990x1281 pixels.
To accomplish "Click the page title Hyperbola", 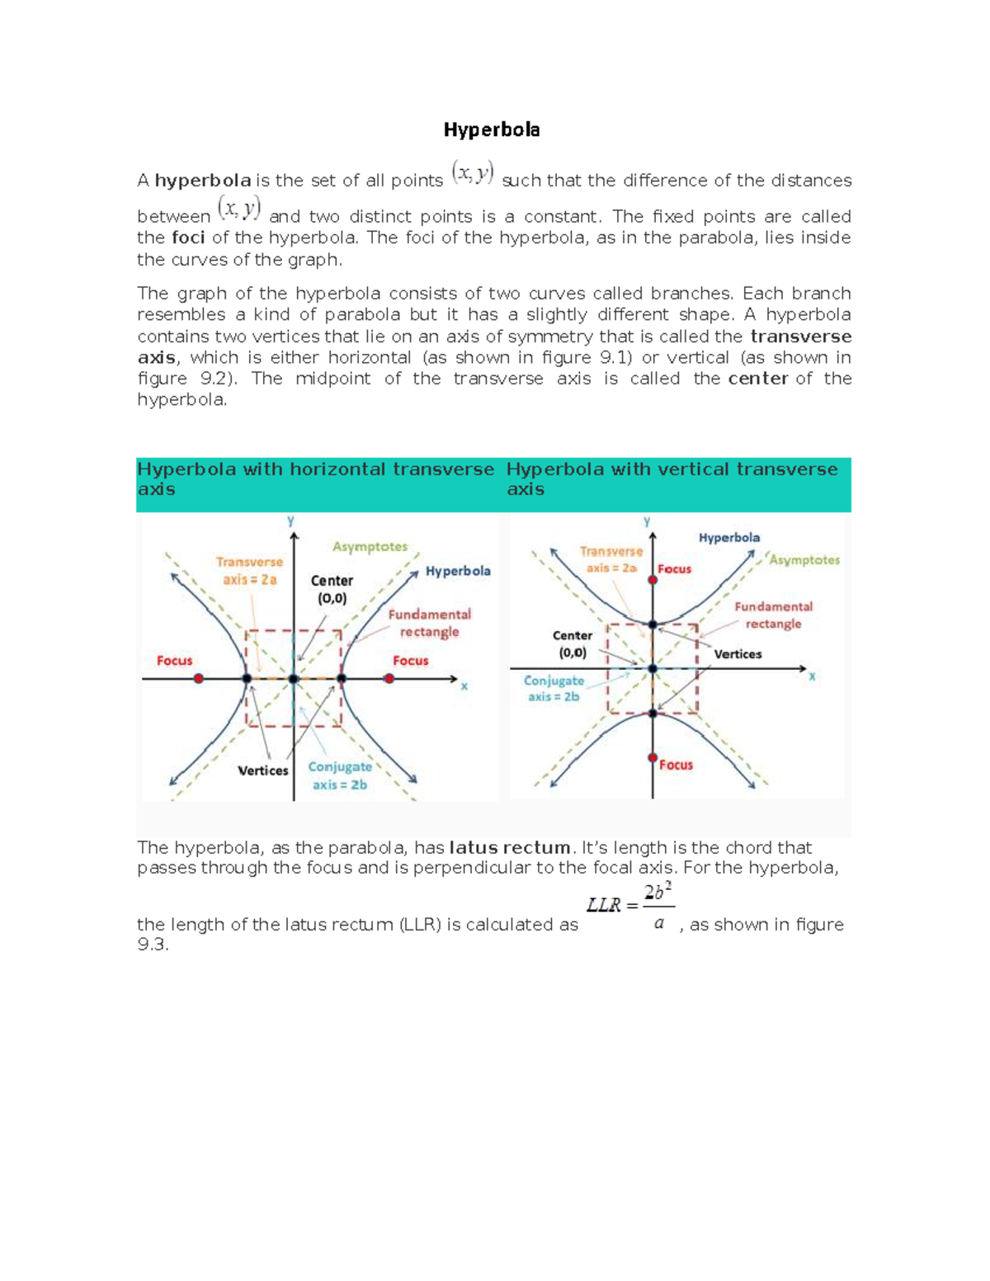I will click(492, 130).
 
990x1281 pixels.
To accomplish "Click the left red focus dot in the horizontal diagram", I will click(199, 678).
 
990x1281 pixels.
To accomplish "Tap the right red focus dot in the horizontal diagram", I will click(389, 678).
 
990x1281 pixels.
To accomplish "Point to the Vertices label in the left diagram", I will click(263, 770).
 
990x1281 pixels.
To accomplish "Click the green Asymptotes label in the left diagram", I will click(370, 547).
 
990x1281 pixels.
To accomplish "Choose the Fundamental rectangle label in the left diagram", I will click(429, 623).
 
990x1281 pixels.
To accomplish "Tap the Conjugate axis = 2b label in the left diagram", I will click(340, 775).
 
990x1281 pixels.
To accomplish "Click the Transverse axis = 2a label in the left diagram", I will click(249, 571).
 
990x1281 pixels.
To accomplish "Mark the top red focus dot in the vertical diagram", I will click(653, 580).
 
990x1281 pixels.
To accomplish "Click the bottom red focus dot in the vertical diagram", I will click(653, 757).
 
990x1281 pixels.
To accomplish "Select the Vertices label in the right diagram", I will click(738, 654).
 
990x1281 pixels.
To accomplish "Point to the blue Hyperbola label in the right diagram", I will click(729, 538).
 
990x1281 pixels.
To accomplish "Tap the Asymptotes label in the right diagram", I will click(804, 560).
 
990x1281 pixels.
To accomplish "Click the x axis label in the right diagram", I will click(812, 676).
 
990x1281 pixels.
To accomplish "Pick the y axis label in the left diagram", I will click(290, 521).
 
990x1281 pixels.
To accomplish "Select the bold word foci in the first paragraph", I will click(188, 238).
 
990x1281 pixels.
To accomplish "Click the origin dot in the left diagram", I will click(294, 679).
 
